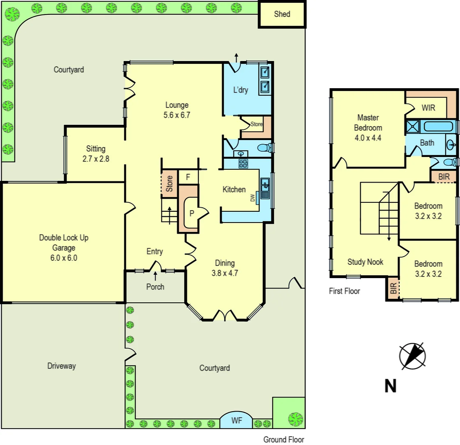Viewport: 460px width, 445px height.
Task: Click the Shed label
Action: pyautogui.click(x=282, y=14)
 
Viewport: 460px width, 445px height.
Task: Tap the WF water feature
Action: pyautogui.click(x=236, y=421)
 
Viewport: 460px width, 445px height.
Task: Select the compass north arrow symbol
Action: pyautogui.click(x=412, y=355)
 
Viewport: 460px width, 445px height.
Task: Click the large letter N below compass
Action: pyautogui.click(x=390, y=386)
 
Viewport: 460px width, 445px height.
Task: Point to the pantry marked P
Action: pyautogui.click(x=191, y=213)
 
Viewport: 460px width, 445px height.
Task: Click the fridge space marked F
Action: pyautogui.click(x=188, y=177)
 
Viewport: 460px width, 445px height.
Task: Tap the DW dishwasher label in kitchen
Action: pyautogui.click(x=253, y=198)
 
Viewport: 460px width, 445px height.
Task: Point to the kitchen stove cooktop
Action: pyautogui.click(x=243, y=164)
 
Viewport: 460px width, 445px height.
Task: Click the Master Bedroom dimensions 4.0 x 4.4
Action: pyautogui.click(x=368, y=138)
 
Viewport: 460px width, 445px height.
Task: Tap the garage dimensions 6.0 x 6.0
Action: pyautogui.click(x=64, y=258)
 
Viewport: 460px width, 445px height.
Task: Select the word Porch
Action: pyautogui.click(x=155, y=287)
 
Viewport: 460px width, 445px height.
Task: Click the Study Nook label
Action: pyautogui.click(x=365, y=262)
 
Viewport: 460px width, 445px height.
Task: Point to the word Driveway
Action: pyautogui.click(x=61, y=366)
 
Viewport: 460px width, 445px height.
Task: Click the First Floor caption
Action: pyautogui.click(x=344, y=291)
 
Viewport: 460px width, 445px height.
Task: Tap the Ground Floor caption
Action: pyautogui.click(x=283, y=440)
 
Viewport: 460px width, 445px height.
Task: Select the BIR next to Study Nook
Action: pyautogui.click(x=393, y=288)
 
